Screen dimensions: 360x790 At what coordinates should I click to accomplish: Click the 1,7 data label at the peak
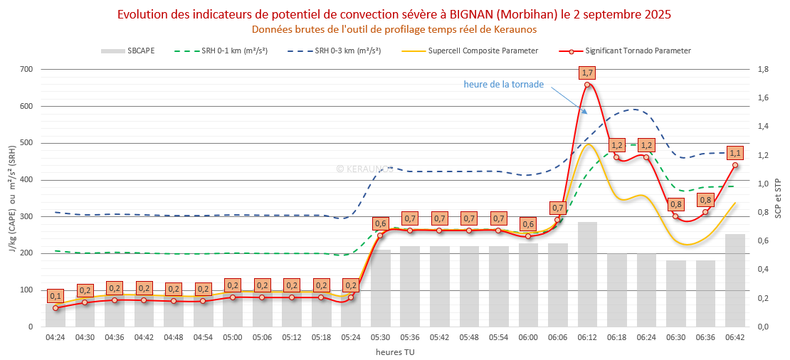[587, 73]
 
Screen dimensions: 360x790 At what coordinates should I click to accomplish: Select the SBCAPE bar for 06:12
[587, 274]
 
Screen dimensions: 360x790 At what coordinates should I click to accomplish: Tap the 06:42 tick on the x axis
[735, 337]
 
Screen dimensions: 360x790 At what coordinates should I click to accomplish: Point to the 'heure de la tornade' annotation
[503, 84]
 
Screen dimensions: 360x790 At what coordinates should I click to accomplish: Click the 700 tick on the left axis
[27, 69]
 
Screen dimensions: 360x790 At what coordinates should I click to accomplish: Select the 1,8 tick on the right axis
[762, 69]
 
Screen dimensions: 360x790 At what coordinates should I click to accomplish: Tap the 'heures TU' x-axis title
[395, 351]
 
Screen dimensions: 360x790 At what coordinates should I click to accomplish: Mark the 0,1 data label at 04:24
[56, 296]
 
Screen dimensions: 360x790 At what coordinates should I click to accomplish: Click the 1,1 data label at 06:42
[735, 153]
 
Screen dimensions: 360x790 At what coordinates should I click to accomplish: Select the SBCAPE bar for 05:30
[381, 287]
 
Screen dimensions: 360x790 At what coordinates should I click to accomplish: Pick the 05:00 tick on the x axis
[233, 337]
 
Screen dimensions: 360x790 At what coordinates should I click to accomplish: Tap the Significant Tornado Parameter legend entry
[638, 51]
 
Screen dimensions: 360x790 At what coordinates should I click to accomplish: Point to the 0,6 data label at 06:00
[528, 224]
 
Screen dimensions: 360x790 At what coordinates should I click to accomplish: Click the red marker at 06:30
[676, 216]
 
